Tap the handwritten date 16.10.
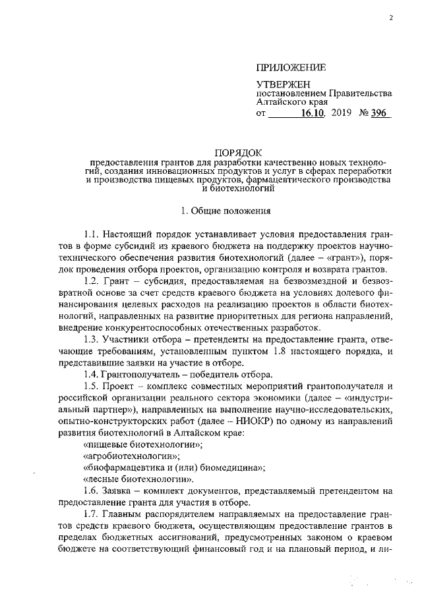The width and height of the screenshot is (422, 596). [x=314, y=113]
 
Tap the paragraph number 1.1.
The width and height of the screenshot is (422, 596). [x=91, y=236]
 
